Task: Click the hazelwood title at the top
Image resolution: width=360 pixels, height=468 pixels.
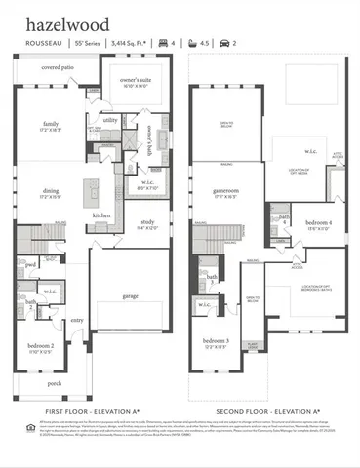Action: tap(61, 21)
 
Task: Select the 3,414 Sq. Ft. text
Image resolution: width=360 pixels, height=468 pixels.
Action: tap(130, 42)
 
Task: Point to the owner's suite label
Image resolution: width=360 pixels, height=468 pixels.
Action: tap(135, 79)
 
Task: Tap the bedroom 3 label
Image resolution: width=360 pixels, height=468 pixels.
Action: tap(221, 341)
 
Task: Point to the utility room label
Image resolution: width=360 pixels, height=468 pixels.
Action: tap(110, 120)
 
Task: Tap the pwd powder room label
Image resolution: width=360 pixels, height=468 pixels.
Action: tap(31, 264)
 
